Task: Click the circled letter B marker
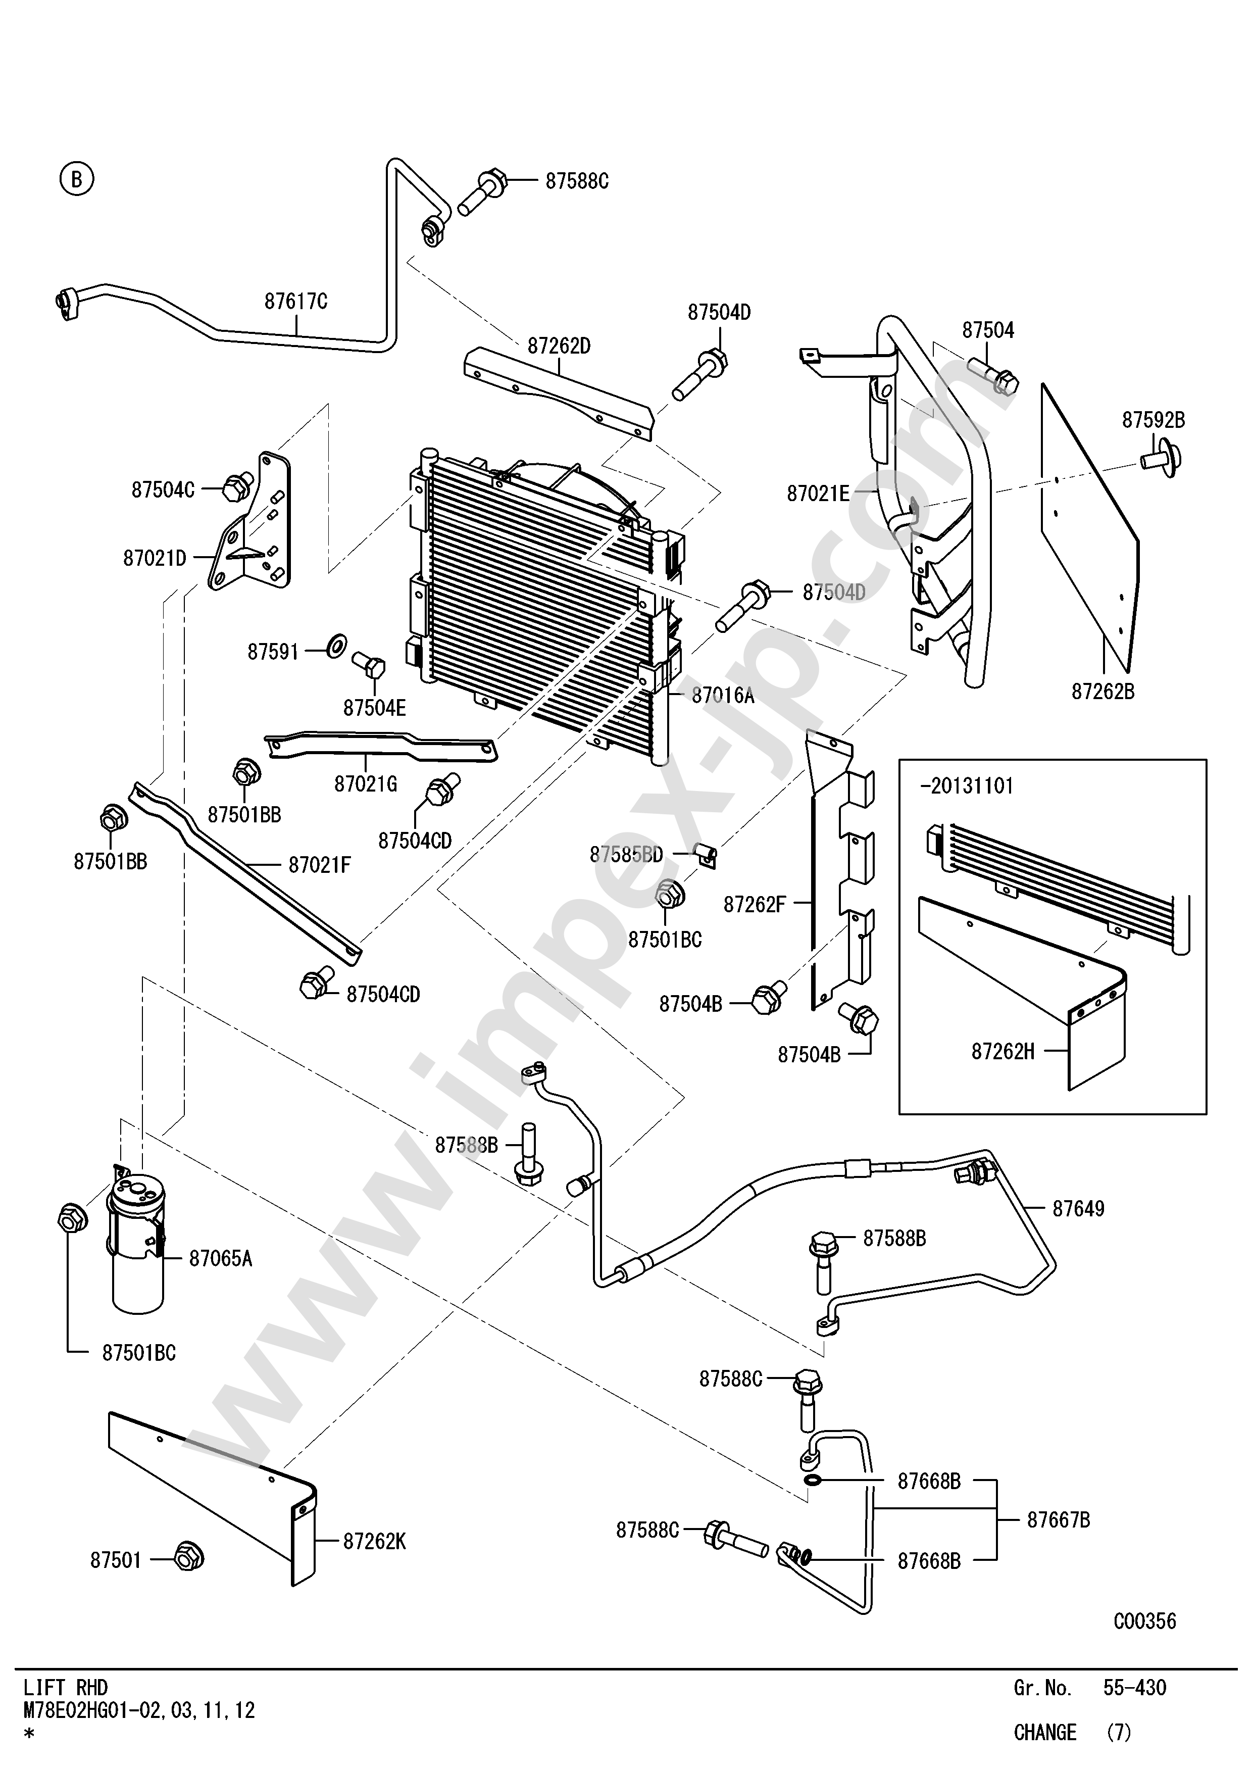[x=76, y=179]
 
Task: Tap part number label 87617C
[x=295, y=301]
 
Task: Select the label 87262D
[x=559, y=346]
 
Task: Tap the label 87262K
[x=374, y=1541]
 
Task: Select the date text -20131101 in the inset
[x=966, y=785]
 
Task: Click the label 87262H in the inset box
[x=1002, y=1051]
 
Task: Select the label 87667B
[x=1058, y=1519]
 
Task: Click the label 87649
[x=1078, y=1209]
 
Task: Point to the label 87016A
[x=722, y=696]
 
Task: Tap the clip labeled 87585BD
[x=706, y=854]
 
